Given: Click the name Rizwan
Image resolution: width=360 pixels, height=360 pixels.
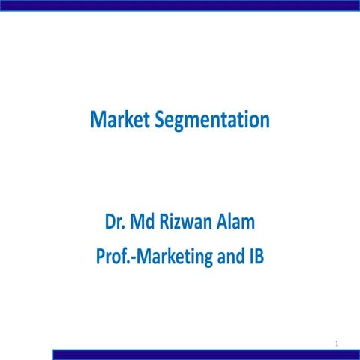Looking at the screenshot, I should (188, 223).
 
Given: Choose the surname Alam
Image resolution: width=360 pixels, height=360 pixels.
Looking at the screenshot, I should (238, 223).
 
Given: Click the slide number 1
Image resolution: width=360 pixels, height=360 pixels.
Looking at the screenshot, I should (338, 343).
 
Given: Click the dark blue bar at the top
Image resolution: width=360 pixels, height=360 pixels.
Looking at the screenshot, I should (180, 4).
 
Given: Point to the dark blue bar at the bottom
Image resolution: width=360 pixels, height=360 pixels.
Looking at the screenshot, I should (202, 354).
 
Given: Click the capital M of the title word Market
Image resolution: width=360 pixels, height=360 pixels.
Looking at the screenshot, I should (97, 119).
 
